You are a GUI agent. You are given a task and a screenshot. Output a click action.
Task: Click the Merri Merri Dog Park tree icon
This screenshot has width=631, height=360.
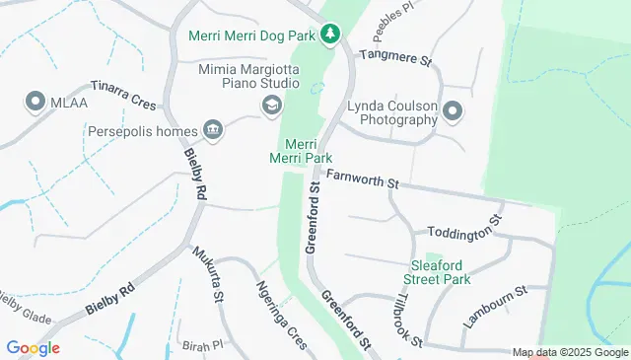tap(331, 35)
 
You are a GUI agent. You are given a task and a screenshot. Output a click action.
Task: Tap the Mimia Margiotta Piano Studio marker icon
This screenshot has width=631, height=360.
tap(270, 105)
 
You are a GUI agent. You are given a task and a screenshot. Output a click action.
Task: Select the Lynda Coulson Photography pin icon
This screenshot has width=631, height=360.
tap(453, 110)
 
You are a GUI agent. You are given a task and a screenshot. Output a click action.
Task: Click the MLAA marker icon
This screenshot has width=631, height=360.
tap(36, 101)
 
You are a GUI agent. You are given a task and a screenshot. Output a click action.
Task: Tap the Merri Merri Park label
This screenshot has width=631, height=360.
tap(301, 151)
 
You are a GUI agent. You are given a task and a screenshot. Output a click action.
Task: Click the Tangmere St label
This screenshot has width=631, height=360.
tap(395, 58)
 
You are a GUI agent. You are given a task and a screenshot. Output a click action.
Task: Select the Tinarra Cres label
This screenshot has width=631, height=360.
tap(123, 95)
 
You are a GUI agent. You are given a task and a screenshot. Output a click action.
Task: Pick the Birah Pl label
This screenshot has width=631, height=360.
tap(204, 347)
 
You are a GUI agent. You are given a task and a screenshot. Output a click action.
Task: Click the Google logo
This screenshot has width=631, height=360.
tap(33, 348)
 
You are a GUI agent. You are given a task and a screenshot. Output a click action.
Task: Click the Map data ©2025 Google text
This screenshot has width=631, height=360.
tap(570, 353)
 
